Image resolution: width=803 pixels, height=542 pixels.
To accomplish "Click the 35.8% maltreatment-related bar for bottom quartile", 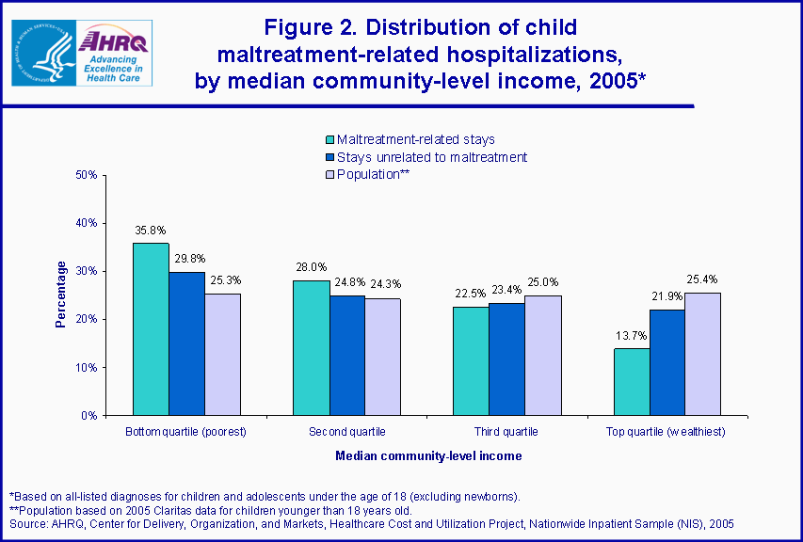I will pos(151,329).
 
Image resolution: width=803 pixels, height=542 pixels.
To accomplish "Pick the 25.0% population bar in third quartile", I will pos(542,355).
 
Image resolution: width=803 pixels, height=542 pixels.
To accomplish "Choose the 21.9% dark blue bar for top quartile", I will pos(667,362).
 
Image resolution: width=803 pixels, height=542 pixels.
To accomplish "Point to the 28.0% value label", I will pos(311,266).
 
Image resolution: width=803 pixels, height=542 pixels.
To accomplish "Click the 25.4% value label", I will pos(703,279).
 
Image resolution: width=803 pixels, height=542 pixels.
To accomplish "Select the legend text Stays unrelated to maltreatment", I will pos(432,157).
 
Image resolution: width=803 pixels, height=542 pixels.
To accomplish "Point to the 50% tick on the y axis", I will pos(86,175).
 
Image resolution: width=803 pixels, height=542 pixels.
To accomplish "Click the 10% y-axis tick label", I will pos(86,367).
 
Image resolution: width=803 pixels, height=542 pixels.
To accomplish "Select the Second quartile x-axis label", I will pos(346,432).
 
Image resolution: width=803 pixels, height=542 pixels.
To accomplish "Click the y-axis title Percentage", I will pos(61,295).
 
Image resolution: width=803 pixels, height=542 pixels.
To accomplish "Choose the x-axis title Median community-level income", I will pos(428,455).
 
